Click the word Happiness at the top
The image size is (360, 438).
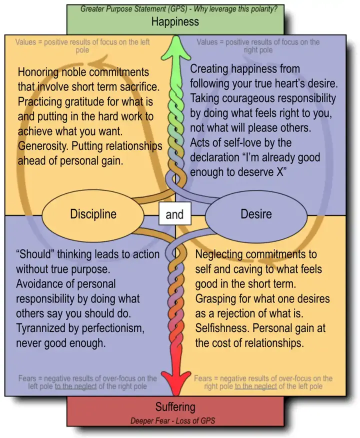coord(175,21)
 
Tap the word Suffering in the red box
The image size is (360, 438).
coord(175,406)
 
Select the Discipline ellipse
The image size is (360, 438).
coord(93,214)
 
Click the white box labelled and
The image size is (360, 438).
coord(174,215)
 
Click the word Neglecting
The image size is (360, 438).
coord(222,254)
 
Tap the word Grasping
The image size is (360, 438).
coord(218,299)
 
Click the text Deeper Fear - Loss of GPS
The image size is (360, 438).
coord(172,420)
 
